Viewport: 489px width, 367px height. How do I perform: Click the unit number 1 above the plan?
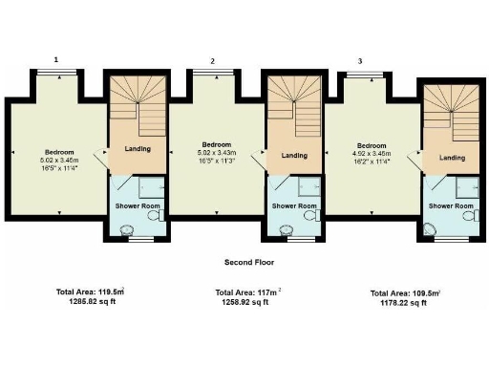click(x=56, y=59)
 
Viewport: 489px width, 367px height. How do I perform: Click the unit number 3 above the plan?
click(x=360, y=61)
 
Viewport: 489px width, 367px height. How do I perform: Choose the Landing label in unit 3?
click(x=452, y=159)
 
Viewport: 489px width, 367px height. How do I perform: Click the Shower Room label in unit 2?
click(x=293, y=205)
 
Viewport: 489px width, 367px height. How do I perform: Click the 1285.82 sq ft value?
click(x=92, y=301)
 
